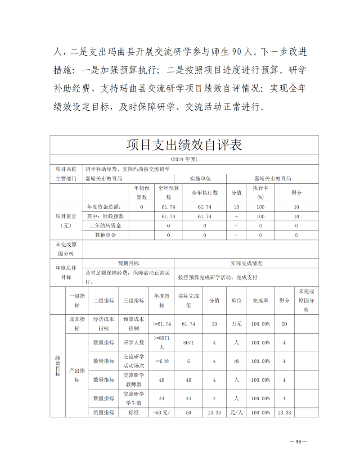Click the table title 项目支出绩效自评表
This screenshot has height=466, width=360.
click(184, 145)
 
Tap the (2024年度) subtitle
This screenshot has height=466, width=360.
click(184, 159)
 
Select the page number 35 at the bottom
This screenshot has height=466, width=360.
click(298, 442)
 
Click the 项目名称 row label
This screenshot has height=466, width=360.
click(66, 169)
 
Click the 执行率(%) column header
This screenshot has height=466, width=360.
click(260, 192)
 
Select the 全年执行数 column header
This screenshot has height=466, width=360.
click(204, 192)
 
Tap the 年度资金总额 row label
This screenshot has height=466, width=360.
click(105, 207)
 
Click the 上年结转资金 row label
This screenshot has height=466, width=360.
click(105, 226)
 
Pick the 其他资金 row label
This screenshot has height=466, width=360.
click(105, 235)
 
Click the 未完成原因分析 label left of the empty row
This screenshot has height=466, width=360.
click(66, 249)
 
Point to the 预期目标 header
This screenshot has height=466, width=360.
click(128, 263)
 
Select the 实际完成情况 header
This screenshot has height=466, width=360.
click(246, 263)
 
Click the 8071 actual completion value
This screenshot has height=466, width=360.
click(189, 343)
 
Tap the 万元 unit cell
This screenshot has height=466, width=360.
click(236, 324)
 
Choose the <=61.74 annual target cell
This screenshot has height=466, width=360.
click(162, 324)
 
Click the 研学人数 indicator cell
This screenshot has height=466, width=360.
click(133, 343)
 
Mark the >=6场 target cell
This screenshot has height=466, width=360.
click(162, 361)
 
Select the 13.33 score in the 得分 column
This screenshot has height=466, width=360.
click(284, 412)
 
